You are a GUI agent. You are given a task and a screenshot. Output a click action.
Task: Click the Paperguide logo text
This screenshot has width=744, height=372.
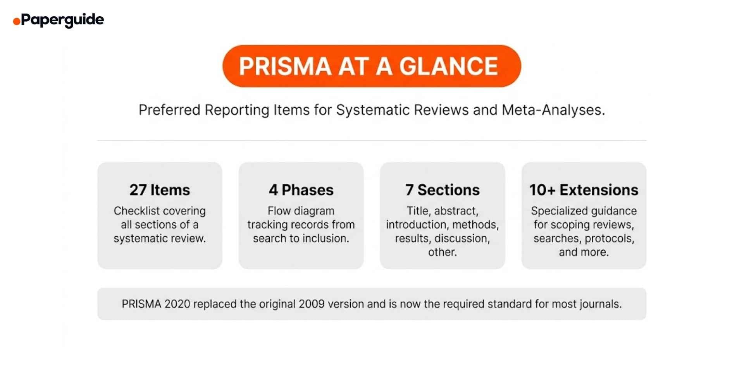pos(62,19)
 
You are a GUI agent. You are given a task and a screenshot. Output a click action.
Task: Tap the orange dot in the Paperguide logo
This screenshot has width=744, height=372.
pos(16,21)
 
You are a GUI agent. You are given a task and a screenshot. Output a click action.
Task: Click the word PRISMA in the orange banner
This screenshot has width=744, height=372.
pos(285,66)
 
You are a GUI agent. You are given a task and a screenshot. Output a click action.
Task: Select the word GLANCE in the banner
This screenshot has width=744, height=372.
pos(448,66)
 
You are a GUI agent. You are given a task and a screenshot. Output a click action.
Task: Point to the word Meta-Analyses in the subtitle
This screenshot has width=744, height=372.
pos(553,110)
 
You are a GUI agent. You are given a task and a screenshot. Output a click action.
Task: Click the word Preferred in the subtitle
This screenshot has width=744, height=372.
pos(169,110)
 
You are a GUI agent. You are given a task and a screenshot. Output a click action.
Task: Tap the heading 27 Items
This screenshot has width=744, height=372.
pos(160,190)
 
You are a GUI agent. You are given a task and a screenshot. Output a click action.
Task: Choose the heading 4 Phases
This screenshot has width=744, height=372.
pos(301,190)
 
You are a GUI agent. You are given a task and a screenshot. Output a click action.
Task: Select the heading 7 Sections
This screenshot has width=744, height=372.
pos(442,190)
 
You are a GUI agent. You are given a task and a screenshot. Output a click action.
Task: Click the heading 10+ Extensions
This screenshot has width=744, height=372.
pos(584,190)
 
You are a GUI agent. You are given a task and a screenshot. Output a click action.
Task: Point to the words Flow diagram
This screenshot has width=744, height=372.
pos(301,211)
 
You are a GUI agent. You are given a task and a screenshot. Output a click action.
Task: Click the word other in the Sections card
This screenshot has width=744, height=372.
pos(442,252)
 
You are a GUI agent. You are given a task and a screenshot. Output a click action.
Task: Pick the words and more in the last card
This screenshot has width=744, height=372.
pos(583,252)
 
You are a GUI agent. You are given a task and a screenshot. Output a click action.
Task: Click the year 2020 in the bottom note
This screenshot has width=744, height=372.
pos(177,304)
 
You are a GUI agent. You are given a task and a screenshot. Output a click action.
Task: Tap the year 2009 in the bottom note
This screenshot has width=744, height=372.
pos(312,304)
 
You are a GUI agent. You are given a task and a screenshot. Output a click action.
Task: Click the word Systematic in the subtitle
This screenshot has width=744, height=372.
pos(373,110)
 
